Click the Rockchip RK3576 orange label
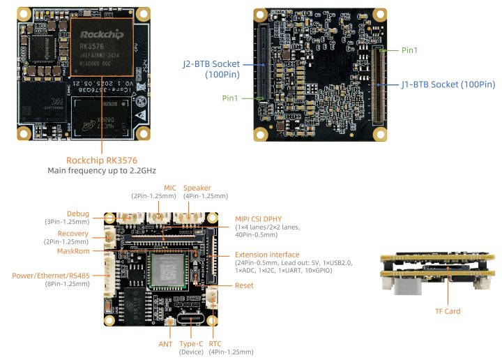pos(102,159)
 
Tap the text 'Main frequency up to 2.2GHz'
pos(102,170)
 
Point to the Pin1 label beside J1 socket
pos(411,50)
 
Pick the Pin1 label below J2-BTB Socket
pos(231,98)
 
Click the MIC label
pos(169,188)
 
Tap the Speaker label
pos(197,188)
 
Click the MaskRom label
pos(73,250)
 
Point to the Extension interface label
pos(267,255)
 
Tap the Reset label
pos(244,285)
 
